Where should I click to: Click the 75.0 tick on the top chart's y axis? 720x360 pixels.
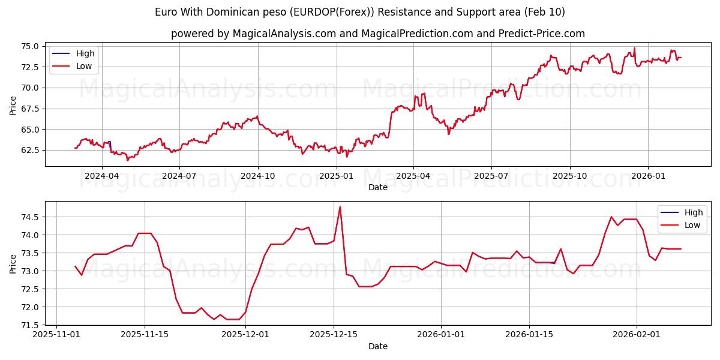pos(30,46)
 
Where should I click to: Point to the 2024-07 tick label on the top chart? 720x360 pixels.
pos(179,176)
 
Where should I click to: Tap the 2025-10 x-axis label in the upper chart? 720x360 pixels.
pos(569,176)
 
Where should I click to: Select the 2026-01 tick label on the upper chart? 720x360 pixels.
pos(648,176)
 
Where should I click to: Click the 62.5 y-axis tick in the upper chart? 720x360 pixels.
pos(30,150)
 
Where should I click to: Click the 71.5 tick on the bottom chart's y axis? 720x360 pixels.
pos(30,325)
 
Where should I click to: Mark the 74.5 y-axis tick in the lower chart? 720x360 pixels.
pos(30,217)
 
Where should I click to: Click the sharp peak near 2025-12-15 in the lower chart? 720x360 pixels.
pos(340,207)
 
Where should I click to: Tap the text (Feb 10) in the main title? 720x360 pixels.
pos(545,12)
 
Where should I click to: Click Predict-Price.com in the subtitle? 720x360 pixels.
pos(541,34)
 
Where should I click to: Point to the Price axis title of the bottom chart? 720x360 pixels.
pos(13,263)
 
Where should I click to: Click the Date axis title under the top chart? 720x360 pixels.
pos(378,187)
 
